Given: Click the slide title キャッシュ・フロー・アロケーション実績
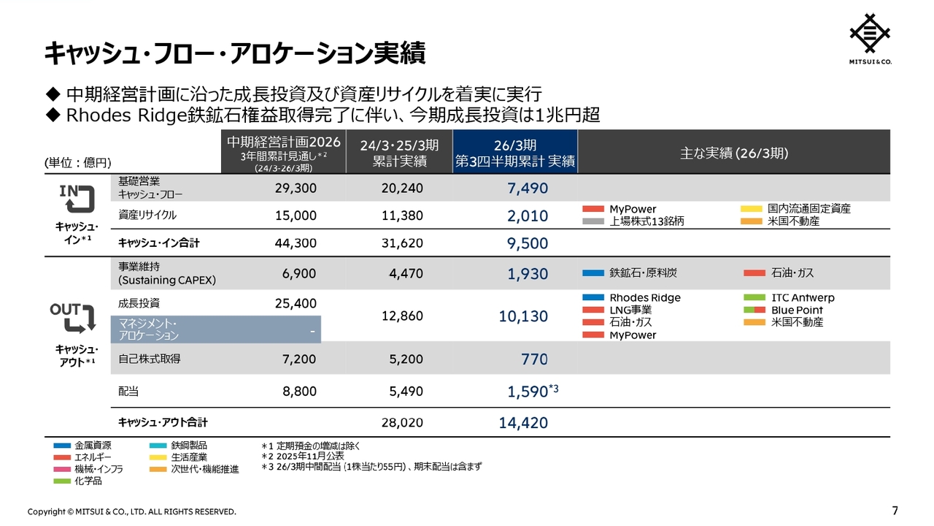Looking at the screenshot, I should point(235,53).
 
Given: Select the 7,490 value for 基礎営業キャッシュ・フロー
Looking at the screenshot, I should point(527,188).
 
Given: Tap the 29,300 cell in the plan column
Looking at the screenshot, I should point(296,188).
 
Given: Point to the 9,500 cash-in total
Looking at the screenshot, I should point(527,243).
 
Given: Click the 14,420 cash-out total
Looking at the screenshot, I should point(522,422).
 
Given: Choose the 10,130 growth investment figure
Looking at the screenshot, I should point(522,316).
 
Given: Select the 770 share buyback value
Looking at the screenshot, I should point(534,359).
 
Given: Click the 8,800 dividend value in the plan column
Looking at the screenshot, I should point(299,392).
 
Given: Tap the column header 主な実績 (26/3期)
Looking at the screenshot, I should point(733,153).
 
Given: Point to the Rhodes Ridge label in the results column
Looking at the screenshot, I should point(644,298).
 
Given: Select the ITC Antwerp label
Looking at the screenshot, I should point(803,298).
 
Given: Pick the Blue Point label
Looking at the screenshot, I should point(797,310).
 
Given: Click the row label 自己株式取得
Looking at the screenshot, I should point(150,359).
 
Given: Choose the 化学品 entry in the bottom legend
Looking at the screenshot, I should point(88,481).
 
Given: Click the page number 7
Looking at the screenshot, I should point(895,509).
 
